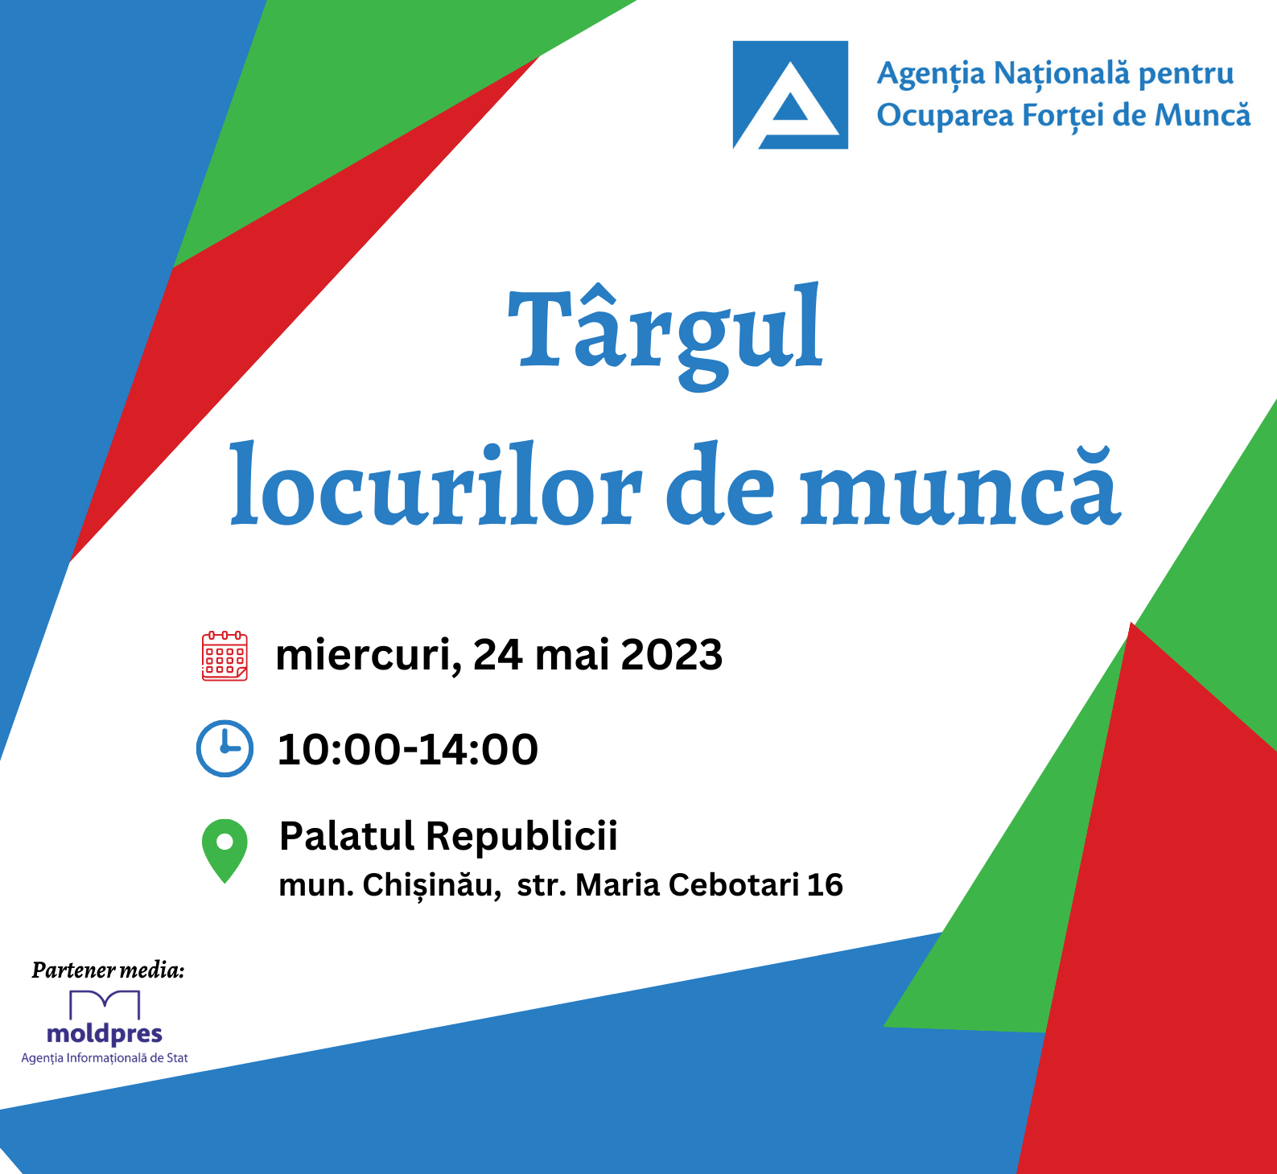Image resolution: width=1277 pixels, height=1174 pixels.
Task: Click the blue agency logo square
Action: [790, 95]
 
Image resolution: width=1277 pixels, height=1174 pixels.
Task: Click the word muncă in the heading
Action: [960, 487]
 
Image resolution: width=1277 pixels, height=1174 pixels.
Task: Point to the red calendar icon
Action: [225, 656]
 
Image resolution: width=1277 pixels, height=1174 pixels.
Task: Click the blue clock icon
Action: [225, 748]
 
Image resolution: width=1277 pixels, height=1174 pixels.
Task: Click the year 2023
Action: [672, 655]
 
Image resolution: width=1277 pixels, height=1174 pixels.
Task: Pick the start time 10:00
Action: [339, 750]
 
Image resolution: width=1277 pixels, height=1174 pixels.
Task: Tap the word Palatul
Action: [347, 835]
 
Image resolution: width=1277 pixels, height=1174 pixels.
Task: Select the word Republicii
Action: [521, 837]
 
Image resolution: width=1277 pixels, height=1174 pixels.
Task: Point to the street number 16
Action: [825, 885]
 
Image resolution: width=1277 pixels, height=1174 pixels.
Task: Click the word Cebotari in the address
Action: [734, 885]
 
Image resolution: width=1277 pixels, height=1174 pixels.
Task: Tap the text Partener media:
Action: [108, 970]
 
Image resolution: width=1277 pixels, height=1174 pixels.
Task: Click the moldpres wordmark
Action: [105, 1033]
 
